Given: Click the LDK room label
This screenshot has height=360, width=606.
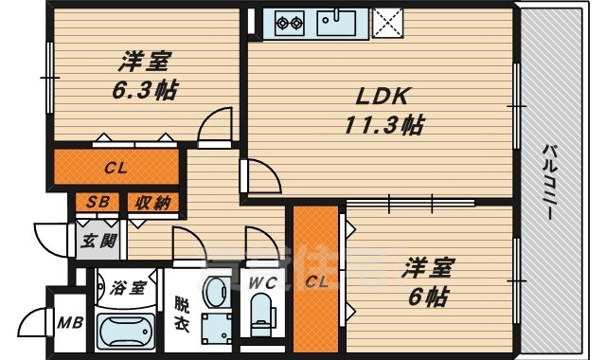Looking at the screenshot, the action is click(382, 97).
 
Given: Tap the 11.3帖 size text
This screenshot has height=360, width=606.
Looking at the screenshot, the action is click(384, 125).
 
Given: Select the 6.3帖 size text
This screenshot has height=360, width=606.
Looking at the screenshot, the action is click(145, 90).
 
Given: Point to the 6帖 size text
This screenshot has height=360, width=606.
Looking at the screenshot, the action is click(428, 297).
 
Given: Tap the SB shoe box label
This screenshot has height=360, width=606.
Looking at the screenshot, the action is click(97, 202).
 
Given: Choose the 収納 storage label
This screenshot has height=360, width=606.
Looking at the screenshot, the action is click(153, 202).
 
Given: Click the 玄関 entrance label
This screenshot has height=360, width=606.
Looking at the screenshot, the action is click(98, 242).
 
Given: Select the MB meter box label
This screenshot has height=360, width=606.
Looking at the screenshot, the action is click(70, 322).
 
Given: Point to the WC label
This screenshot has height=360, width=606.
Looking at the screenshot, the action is click(262, 283).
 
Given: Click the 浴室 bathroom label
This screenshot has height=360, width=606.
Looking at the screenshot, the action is click(128, 288).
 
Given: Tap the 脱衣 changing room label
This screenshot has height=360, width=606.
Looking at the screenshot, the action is click(181, 315).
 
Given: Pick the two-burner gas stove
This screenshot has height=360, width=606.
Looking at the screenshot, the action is click(290, 23).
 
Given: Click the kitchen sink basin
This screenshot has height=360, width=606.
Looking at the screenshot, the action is click(336, 23).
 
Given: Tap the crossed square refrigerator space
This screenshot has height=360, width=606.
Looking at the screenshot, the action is click(387, 23).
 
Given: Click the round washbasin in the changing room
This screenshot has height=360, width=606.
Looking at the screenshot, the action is click(216, 293).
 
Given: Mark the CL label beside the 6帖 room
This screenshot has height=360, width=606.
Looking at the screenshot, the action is click(316, 281).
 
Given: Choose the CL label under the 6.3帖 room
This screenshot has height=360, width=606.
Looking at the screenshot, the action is click(116, 169).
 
